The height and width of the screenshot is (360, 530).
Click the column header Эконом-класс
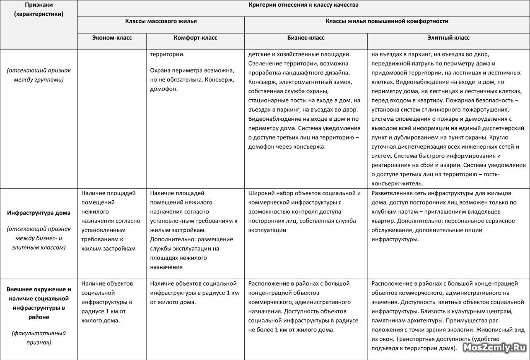click(x=112, y=38)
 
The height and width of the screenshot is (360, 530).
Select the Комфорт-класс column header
click(x=195, y=38)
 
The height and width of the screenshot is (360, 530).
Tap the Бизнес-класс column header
click(x=306, y=38)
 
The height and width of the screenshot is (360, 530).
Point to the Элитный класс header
click(x=448, y=38)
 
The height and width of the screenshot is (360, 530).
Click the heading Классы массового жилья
click(x=161, y=21)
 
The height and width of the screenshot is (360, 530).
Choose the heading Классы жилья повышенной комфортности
click(x=387, y=21)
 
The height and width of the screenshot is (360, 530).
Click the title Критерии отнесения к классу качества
click(x=304, y=5)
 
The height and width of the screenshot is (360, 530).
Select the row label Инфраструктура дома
click(x=39, y=213)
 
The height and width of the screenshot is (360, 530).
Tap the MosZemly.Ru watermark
click(x=495, y=348)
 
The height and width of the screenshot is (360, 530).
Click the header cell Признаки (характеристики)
click(x=39, y=10)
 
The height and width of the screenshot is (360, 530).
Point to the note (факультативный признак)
click(x=39, y=337)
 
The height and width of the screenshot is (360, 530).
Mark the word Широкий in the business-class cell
click(x=260, y=193)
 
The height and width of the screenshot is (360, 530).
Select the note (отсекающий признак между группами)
click(x=39, y=75)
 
